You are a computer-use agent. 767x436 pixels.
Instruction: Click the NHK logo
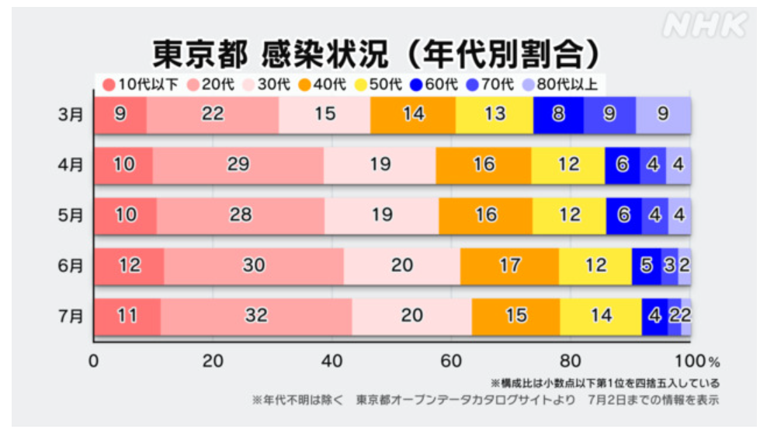click(x=703, y=26)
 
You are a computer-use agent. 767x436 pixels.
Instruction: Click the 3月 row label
click(x=71, y=115)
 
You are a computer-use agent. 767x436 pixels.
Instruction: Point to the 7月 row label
click(x=71, y=316)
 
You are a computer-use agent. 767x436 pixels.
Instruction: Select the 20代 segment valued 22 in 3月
click(x=212, y=115)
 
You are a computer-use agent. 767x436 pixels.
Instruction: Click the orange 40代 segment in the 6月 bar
click(x=509, y=265)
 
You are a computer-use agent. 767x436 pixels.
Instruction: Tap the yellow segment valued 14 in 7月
click(x=600, y=316)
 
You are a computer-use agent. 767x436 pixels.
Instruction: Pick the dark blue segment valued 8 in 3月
click(x=558, y=115)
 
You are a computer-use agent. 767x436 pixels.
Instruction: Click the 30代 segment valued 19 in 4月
click(x=380, y=165)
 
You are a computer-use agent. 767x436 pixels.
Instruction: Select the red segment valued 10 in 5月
click(x=125, y=215)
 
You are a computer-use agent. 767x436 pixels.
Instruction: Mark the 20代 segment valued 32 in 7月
click(x=256, y=316)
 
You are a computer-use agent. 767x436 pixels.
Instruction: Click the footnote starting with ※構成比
click(x=604, y=383)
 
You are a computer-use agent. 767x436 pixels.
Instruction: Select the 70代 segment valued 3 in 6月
click(x=669, y=265)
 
